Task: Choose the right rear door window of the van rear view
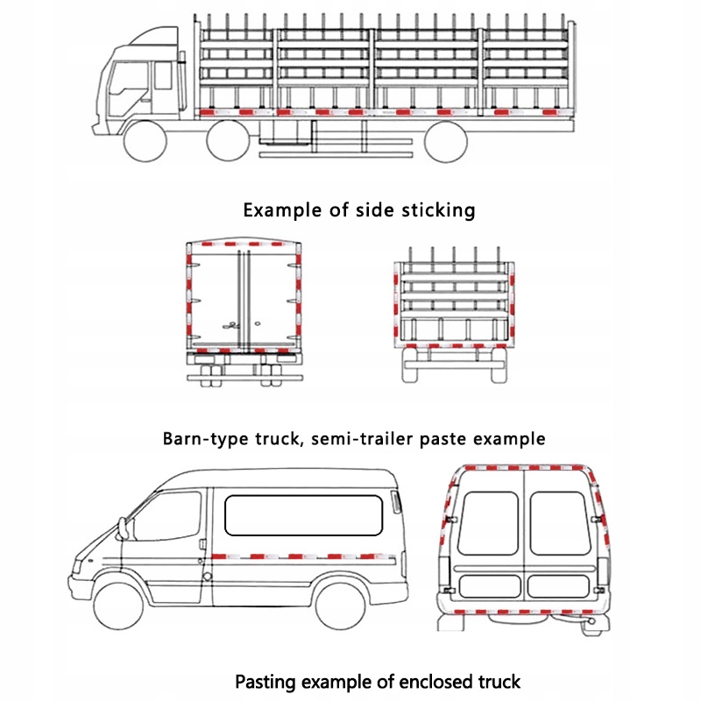point(560,522)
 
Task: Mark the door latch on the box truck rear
point(231,323)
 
